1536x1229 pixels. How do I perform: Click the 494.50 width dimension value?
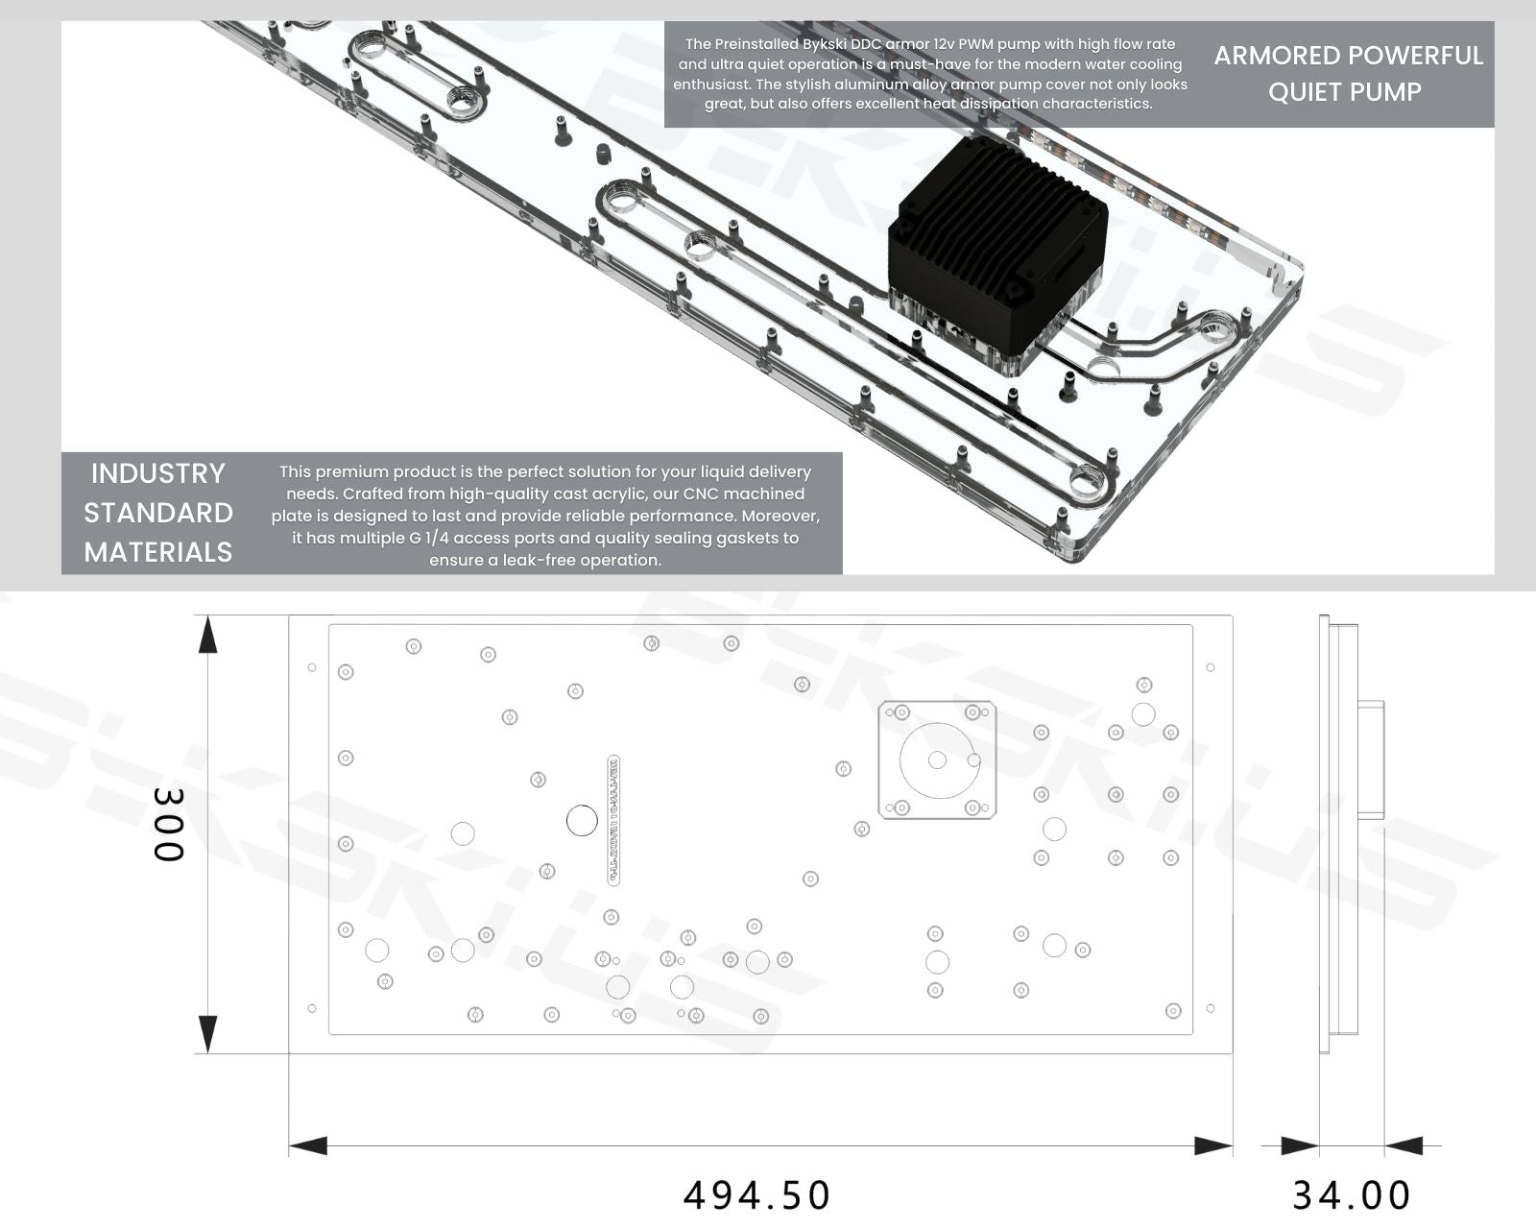point(756,1195)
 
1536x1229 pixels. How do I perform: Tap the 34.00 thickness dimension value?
point(1351,1195)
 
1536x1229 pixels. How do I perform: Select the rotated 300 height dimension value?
point(168,825)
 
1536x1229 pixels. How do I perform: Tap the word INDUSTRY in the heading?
point(157,473)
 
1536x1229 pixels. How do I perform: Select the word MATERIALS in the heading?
point(157,552)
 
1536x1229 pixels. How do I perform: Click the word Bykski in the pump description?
point(824,44)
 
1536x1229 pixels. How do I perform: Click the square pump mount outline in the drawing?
point(938,760)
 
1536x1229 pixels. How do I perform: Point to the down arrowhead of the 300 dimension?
point(207,1034)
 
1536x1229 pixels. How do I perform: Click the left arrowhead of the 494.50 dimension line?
point(308,1145)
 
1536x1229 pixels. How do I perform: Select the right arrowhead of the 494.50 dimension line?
point(1212,1145)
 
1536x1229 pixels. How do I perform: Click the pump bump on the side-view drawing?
point(1371,759)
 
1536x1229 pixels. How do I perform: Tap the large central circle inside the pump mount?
point(937,760)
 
